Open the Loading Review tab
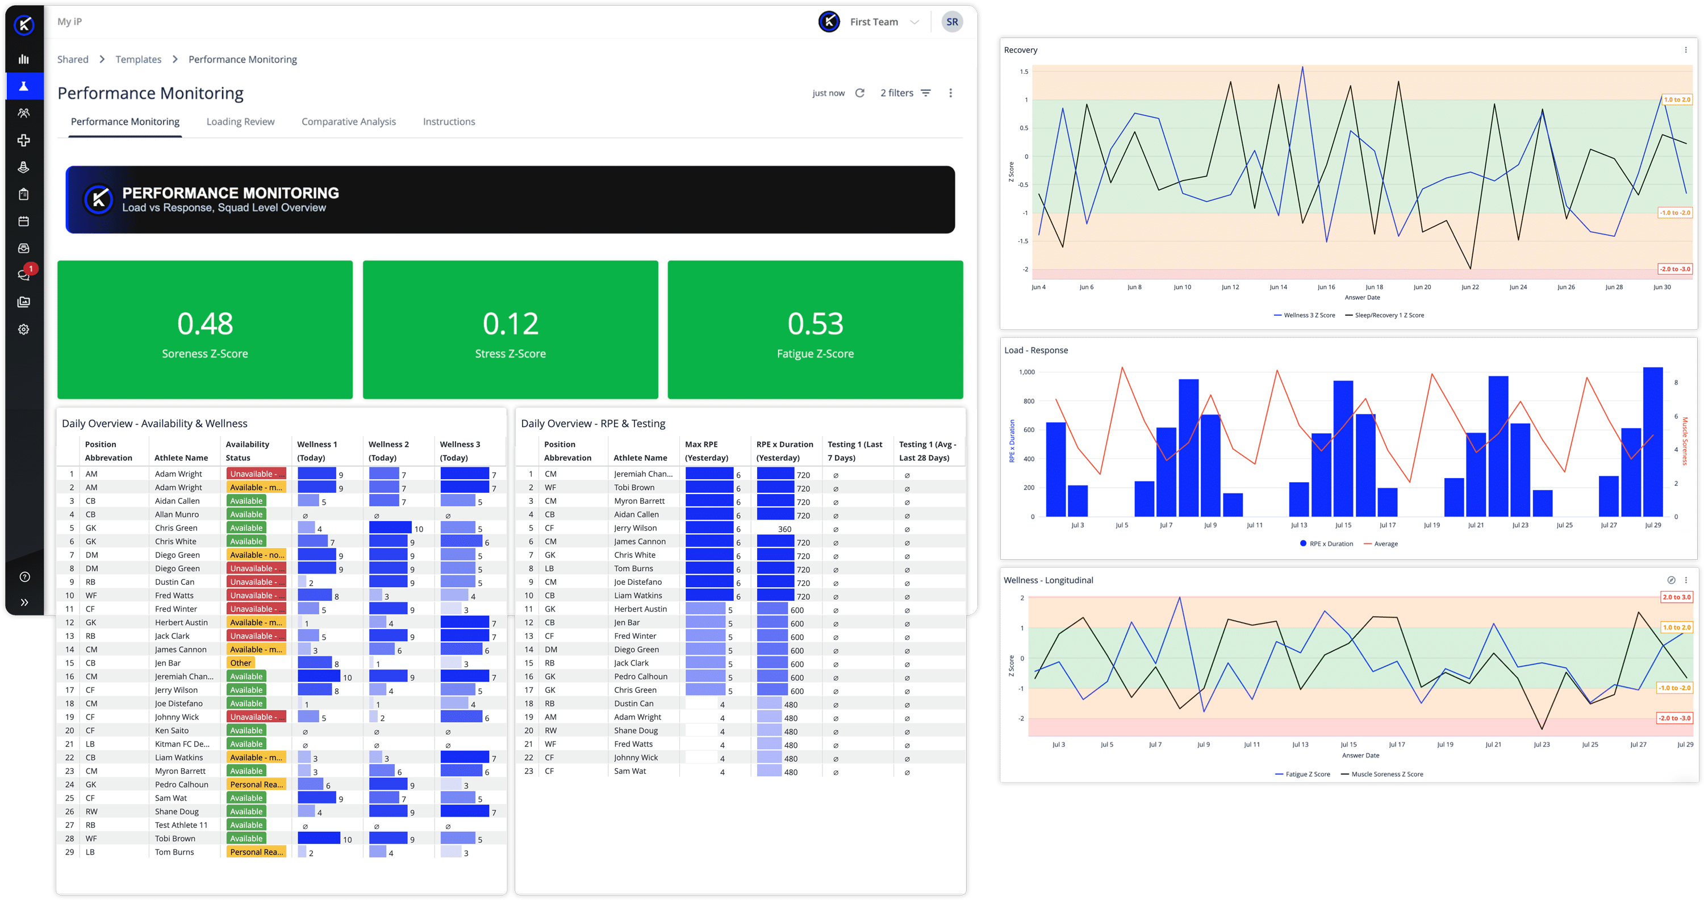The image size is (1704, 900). pos(240,122)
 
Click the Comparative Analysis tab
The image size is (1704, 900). pos(349,122)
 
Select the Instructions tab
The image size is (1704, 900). pos(449,122)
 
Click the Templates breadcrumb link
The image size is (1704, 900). pos(138,60)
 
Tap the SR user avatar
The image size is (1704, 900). pos(952,22)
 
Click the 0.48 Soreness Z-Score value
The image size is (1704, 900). pos(205,323)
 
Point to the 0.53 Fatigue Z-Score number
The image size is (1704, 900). pos(815,323)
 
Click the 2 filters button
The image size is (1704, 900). pos(905,93)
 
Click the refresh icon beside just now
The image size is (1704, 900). pos(860,93)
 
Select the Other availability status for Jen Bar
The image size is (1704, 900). pos(241,663)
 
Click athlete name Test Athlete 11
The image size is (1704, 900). pos(181,825)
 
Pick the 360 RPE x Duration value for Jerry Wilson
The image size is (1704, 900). pos(784,529)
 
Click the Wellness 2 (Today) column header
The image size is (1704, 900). pos(389,451)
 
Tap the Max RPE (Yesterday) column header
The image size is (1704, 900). pos(707,451)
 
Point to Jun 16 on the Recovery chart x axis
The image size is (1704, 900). pos(1326,287)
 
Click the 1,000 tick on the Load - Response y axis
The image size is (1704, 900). pos(1026,372)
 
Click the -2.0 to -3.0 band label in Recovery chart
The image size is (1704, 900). pos(1675,269)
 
